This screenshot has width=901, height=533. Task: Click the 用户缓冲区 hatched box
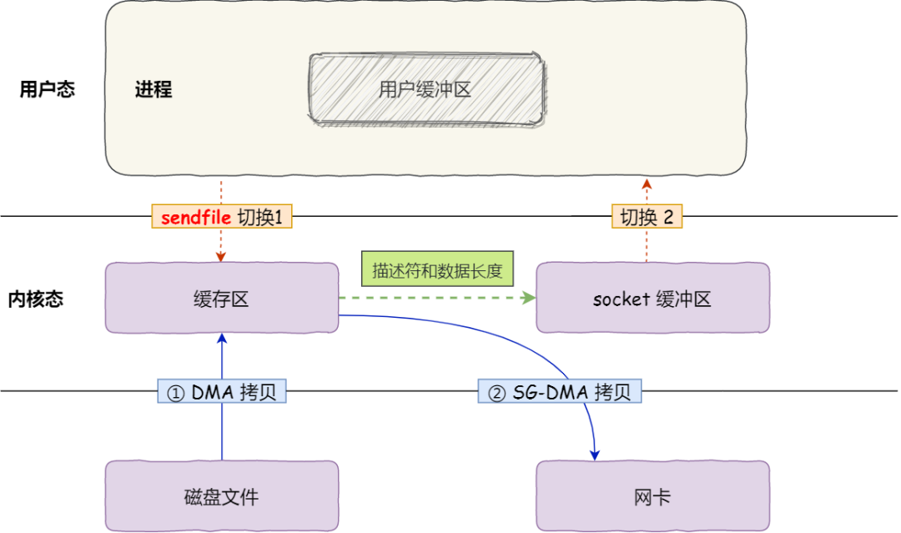[425, 88]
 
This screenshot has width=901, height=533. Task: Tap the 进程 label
[154, 90]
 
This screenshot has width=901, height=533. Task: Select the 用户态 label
[48, 89]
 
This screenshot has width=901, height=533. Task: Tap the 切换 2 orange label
[647, 218]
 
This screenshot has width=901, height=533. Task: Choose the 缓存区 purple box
[221, 298]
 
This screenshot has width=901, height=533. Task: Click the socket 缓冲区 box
[652, 298]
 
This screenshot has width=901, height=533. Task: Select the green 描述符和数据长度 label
[437, 271]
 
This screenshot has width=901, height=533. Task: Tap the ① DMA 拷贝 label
[222, 392]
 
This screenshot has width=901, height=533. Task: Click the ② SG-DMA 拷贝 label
[560, 392]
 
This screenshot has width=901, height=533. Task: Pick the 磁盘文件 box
[221, 497]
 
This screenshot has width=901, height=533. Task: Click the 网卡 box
[652, 497]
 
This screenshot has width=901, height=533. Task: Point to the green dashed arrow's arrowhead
[529, 298]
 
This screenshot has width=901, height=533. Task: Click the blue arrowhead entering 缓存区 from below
[222, 338]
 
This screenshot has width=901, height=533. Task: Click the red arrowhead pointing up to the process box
[647, 183]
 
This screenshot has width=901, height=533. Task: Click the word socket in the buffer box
[621, 299]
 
